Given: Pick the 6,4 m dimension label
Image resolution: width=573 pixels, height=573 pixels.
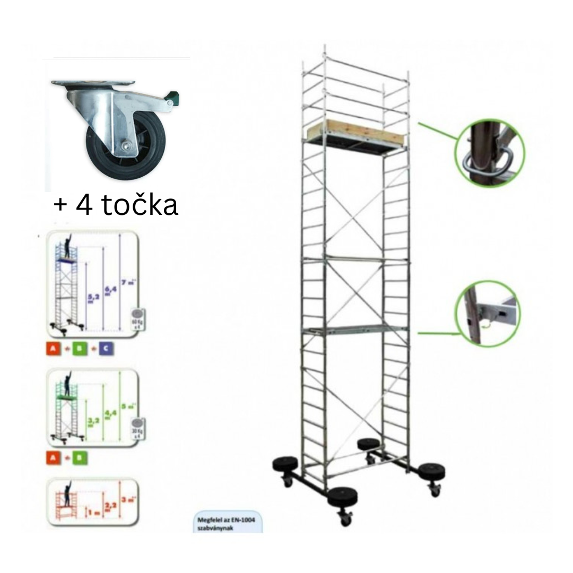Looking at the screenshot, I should click(x=107, y=291).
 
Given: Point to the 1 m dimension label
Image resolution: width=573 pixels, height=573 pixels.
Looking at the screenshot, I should click(x=92, y=513).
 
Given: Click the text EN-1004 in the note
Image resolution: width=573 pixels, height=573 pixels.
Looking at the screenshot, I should click(x=242, y=520).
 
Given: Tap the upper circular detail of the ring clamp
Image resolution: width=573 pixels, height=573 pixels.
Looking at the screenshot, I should click(x=489, y=154).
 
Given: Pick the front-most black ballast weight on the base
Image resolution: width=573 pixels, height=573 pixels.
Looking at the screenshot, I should click(x=342, y=498).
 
